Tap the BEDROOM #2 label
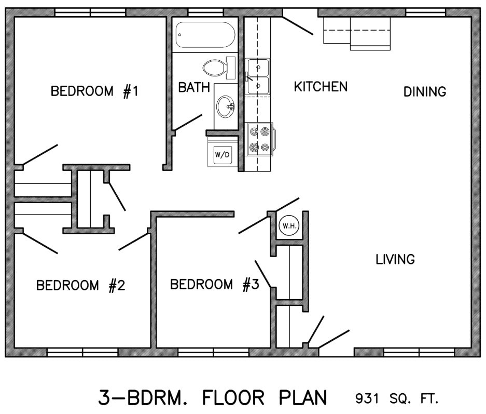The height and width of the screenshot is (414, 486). point(81,285)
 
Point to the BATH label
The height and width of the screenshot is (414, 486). point(194,87)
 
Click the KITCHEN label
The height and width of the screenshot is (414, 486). point(321,86)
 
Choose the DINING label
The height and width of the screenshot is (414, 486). point(425,92)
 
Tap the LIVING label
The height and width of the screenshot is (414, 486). point(395,259)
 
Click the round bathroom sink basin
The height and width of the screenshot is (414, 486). point(226,106)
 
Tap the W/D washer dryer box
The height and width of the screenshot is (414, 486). point(222,155)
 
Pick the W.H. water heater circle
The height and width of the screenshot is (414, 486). point(288,225)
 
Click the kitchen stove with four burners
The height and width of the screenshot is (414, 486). point(259,140)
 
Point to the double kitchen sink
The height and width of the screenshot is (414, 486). point(258,77)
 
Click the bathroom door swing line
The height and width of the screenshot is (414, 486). point(188,122)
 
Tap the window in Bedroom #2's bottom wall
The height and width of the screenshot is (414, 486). point(82,352)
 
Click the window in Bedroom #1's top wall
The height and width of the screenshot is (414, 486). point(90,12)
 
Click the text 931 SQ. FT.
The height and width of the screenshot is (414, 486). point(397,399)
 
